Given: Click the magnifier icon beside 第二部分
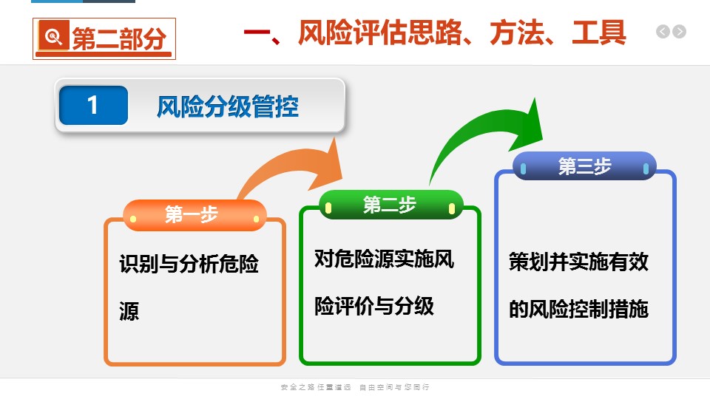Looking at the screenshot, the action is (x=54, y=35).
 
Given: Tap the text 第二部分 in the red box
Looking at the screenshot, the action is (x=119, y=38).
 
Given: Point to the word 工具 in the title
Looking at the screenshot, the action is (x=599, y=33).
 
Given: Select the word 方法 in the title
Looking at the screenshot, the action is (x=517, y=33).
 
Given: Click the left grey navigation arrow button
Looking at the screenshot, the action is (x=663, y=32).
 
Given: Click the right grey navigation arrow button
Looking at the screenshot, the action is (x=679, y=32).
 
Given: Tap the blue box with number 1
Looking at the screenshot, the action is (x=93, y=105).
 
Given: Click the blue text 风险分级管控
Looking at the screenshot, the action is (x=228, y=106).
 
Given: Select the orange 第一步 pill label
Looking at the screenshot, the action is (x=195, y=215).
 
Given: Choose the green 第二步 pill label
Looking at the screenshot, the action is (x=390, y=205).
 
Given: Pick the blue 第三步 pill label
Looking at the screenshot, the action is (x=584, y=166).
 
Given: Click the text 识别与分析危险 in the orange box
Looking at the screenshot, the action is (x=189, y=264).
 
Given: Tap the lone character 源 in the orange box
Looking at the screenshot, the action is (x=129, y=311).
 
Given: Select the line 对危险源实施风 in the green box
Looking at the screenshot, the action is (x=384, y=259).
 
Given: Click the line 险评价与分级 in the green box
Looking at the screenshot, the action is (x=374, y=306).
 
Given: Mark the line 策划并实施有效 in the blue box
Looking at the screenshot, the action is (x=578, y=262).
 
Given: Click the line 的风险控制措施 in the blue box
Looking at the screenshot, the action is (x=578, y=309).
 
